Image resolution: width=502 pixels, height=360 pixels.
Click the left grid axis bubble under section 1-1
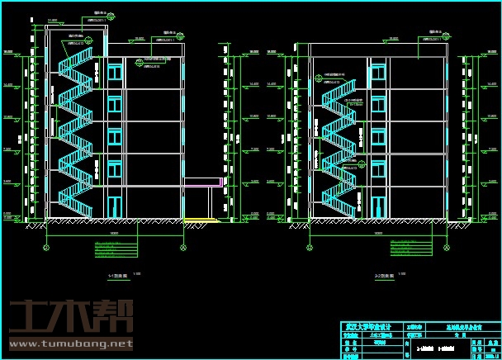(x=46, y=246)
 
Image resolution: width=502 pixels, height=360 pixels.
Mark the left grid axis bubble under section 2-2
(x=310, y=246)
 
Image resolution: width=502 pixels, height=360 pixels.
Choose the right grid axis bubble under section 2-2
(x=447, y=246)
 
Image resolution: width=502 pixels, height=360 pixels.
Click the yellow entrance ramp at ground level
(x=201, y=220)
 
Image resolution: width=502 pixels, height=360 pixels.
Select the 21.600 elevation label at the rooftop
(x=52, y=20)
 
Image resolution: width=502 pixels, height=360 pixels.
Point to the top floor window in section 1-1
(x=115, y=73)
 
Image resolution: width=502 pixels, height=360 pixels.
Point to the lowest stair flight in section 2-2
(x=339, y=201)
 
